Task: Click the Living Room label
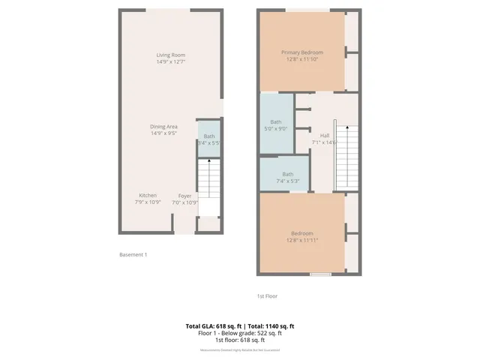coord(170,55)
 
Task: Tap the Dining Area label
coord(163,127)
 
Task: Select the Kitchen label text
coord(147,196)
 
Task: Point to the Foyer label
coord(184,196)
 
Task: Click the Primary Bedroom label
coord(302,52)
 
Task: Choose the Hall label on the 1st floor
coord(325,136)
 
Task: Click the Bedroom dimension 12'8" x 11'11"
coord(302,240)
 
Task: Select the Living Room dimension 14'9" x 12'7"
coord(170,62)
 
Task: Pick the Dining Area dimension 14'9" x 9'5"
coord(163,134)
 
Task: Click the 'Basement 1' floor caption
coord(133,255)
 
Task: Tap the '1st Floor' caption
coord(267,296)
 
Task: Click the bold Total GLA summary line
coord(239,325)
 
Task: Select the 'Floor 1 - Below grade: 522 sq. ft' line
coord(239,332)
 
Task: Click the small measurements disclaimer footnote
coord(239,350)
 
